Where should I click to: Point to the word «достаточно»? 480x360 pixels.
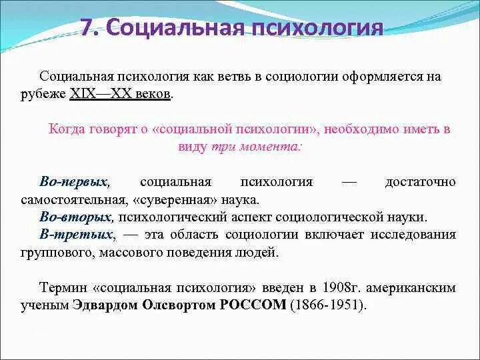[420, 182]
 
